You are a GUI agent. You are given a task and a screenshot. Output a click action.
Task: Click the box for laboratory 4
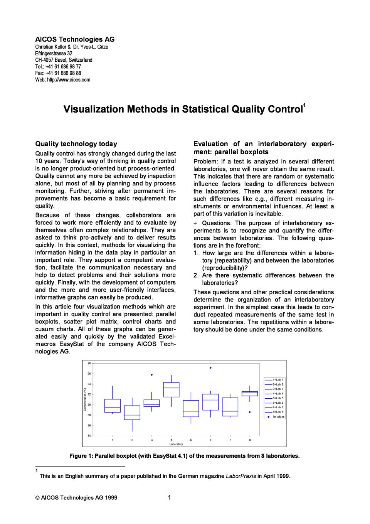171,389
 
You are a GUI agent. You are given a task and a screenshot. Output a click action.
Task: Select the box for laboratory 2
132,413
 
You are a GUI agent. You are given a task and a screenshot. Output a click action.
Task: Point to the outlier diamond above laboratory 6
210,368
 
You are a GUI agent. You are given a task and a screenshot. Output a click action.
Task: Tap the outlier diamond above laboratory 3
152,375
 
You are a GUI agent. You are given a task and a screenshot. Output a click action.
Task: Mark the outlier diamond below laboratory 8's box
250,412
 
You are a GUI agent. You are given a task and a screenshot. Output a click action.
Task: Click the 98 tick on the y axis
89,363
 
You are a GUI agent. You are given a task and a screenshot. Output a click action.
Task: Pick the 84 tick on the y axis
89,436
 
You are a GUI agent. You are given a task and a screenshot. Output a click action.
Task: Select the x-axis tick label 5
191,440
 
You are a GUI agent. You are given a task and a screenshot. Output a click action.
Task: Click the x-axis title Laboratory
176,444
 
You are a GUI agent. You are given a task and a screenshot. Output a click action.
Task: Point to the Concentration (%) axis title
84,399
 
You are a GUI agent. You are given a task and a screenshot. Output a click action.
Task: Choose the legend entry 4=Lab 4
277,394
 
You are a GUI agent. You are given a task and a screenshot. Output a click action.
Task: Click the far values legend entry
278,416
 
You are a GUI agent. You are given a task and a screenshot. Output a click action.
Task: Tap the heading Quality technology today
76,144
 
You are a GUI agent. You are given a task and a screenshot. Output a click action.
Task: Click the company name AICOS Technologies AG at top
75,39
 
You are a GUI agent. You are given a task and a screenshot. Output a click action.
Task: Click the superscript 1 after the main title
304,105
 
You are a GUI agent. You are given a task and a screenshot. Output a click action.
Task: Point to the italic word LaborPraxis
241,476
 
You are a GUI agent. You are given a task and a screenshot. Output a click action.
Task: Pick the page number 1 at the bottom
169,497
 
